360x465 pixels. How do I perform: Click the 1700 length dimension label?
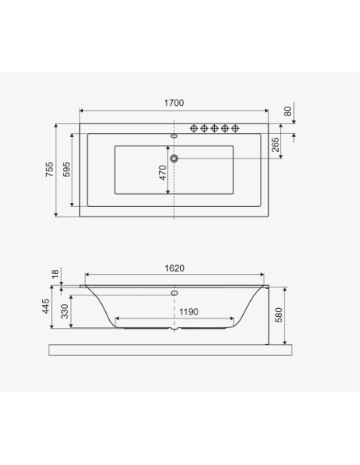174,103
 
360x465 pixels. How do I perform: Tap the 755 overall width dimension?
49,170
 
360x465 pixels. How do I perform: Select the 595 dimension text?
66,170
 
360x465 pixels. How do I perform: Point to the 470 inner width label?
162,173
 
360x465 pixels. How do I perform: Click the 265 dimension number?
276,144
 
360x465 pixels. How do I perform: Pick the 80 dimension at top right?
288,111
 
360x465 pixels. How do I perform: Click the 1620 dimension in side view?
174,268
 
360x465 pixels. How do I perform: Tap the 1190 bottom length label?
189,311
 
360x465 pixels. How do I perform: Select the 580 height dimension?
279,315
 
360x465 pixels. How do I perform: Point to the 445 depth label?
45,307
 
